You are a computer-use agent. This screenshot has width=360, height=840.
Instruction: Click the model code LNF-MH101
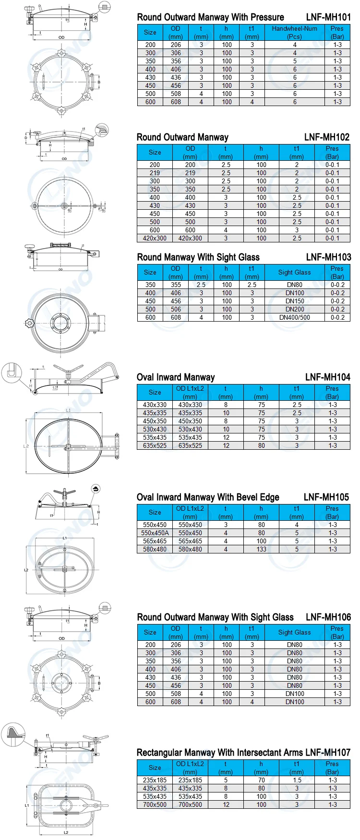click(328, 17)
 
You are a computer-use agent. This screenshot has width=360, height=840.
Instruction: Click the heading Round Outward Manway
click(182, 137)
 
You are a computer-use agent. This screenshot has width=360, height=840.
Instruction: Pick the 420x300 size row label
click(155, 238)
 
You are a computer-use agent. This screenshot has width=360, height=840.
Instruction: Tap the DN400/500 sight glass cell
click(295, 317)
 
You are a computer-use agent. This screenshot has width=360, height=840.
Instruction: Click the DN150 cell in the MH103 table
click(295, 301)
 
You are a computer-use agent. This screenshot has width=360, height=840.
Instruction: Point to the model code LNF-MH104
click(328, 377)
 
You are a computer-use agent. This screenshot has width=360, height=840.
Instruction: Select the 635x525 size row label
click(155, 445)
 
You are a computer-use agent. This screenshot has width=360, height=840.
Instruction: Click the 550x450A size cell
click(155, 533)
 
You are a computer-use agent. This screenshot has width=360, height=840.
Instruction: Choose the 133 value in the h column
click(261, 549)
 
